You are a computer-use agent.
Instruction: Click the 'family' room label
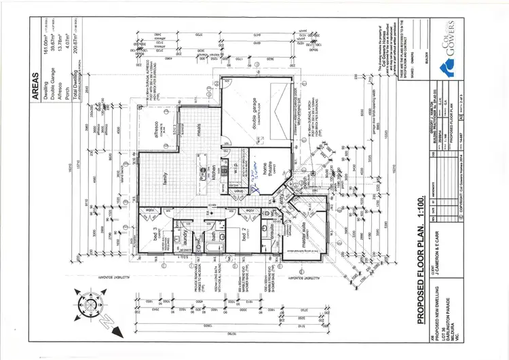(x=164, y=179)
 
